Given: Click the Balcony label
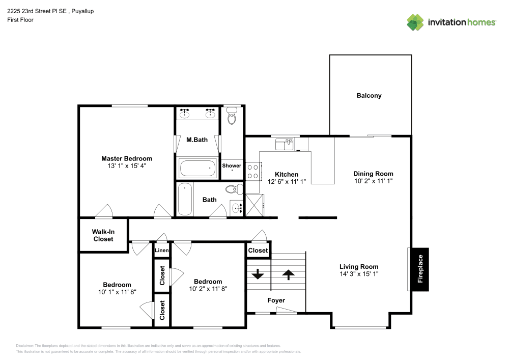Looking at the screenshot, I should tap(369, 96).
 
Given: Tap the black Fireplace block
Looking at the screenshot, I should tap(420, 269).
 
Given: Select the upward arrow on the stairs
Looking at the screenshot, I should tap(289, 275).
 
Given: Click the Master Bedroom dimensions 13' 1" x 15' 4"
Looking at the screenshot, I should tap(127, 166).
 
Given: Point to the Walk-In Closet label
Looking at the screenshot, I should tap(103, 235).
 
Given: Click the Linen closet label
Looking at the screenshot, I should tap(161, 251).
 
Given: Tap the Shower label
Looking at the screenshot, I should tap(232, 166).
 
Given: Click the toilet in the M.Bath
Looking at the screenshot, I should tap(232, 116).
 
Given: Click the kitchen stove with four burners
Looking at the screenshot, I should tap(253, 171).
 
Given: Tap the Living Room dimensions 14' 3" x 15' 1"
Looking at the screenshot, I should tap(359, 274).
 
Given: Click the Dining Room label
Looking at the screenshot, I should tap(374, 174).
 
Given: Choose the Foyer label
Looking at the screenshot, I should tap(276, 300).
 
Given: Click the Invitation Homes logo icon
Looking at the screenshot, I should tap(415, 22).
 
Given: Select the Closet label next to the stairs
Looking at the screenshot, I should tap(258, 251).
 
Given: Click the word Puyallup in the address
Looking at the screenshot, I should tap(82, 11).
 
